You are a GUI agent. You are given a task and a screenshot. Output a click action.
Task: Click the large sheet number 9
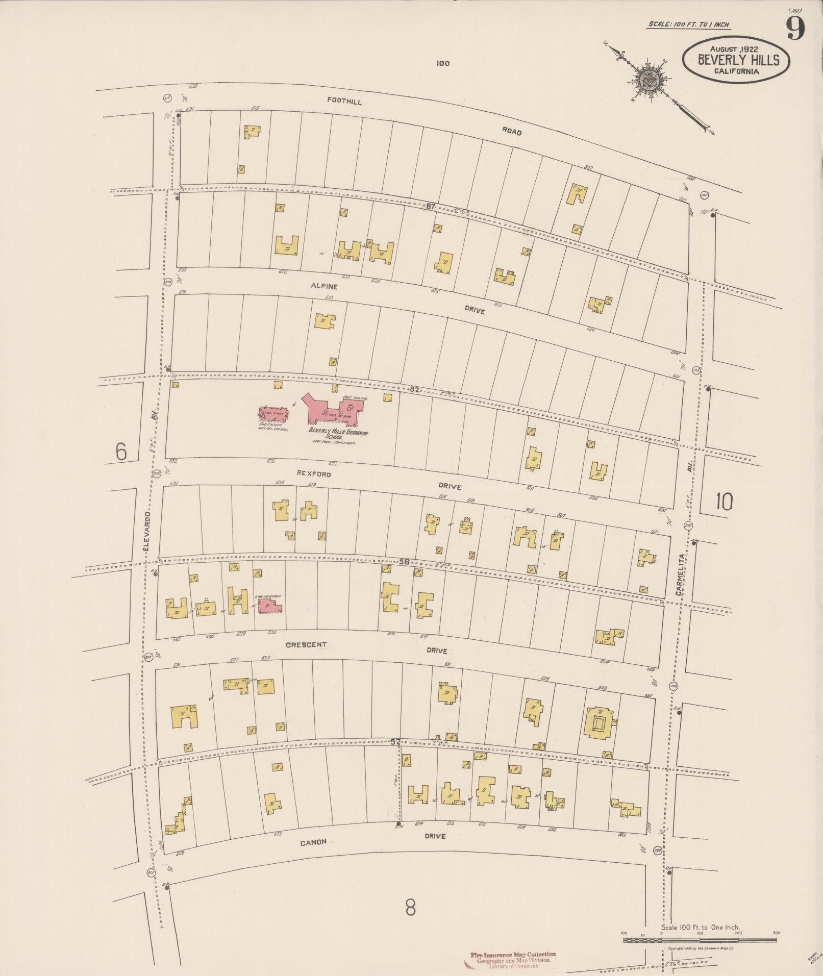click(x=795, y=28)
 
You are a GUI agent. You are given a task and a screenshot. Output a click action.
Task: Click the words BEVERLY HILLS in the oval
click(x=738, y=60)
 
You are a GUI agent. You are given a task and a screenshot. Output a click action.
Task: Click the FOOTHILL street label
click(x=344, y=102)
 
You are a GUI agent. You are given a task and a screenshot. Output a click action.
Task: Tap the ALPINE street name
click(x=325, y=287)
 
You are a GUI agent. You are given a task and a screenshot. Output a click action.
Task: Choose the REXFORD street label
click(x=314, y=474)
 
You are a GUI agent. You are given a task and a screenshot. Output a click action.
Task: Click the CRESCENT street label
click(x=306, y=644)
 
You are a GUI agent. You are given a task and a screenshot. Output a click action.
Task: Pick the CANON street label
click(x=313, y=842)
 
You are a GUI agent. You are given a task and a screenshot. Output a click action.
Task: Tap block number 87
click(x=431, y=207)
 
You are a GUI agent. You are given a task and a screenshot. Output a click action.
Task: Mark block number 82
click(x=414, y=389)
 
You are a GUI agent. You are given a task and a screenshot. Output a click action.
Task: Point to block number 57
click(x=395, y=742)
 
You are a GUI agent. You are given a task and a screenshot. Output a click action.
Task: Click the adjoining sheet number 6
click(x=121, y=452)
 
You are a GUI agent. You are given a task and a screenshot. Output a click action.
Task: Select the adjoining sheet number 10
click(x=724, y=502)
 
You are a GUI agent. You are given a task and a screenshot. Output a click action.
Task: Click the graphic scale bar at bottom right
click(x=699, y=940)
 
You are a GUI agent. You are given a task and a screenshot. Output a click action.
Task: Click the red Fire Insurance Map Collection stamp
click(x=513, y=960)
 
